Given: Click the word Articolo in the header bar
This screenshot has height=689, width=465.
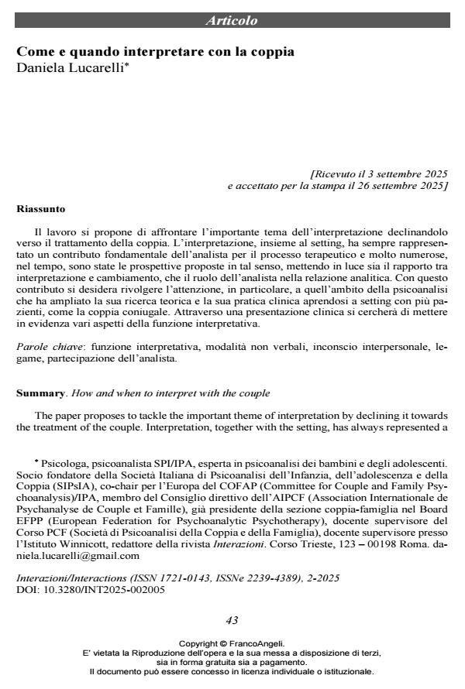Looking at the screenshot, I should point(232,21).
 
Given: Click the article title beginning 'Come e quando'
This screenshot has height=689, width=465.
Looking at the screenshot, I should point(156,53).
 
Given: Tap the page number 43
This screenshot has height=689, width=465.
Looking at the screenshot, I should point(232,620).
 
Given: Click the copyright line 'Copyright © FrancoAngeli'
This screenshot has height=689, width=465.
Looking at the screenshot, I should point(232,643).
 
